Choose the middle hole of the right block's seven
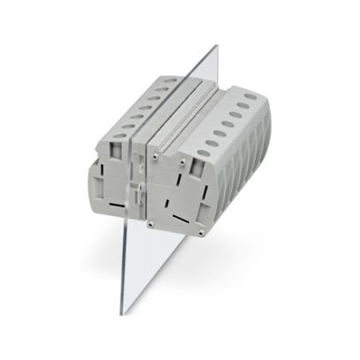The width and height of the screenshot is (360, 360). point(229,121)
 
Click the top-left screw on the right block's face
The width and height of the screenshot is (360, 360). point(155,156)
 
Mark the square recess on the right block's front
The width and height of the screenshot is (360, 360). point(187,181)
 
